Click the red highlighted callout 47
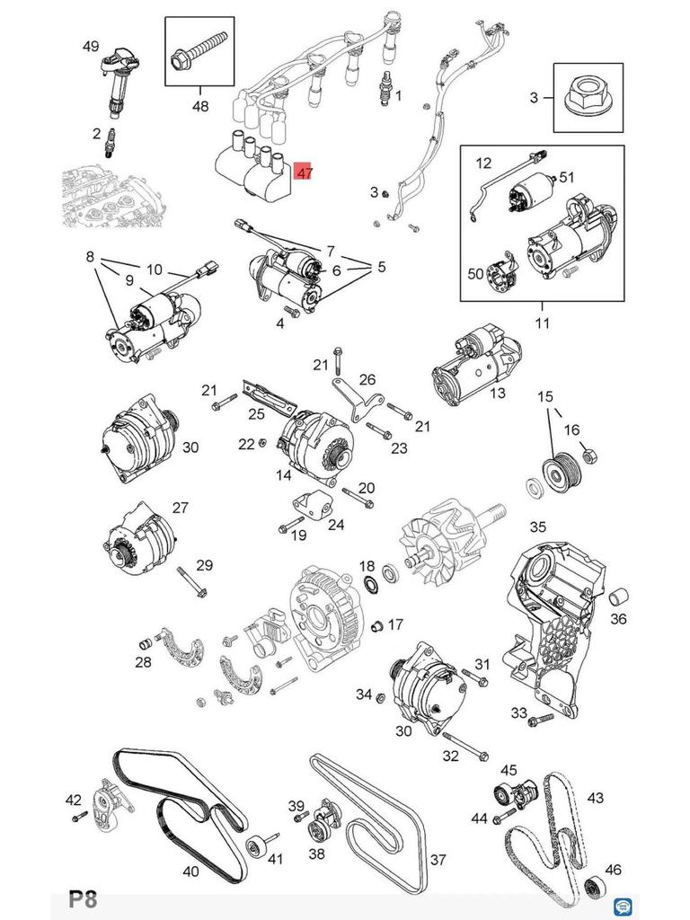(x=304, y=171)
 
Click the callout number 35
(x=537, y=526)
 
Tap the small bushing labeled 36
(x=618, y=597)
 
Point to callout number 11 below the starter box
(x=542, y=323)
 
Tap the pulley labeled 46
(x=593, y=887)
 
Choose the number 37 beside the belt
(x=437, y=860)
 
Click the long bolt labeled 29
(x=190, y=580)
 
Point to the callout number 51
(x=566, y=177)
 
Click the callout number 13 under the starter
(x=497, y=393)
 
